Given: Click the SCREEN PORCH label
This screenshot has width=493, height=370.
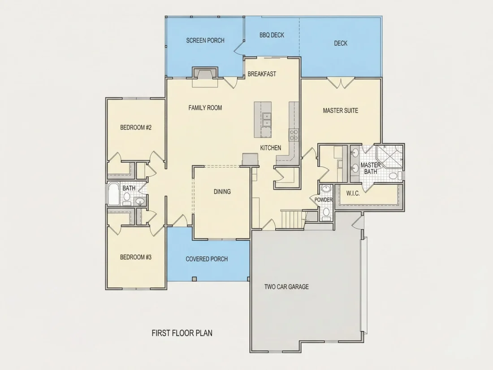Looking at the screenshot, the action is (x=205, y=40).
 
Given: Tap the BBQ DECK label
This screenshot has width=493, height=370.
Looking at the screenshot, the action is (x=272, y=35).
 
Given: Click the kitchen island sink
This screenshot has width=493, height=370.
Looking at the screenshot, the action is (x=267, y=120).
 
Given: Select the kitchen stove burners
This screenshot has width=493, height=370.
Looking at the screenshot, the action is (x=294, y=135).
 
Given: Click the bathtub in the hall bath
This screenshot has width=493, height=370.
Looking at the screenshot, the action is (x=113, y=194).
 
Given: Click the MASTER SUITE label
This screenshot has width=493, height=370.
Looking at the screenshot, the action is (x=341, y=110).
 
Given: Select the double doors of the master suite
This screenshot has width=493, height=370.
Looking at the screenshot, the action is (x=341, y=83).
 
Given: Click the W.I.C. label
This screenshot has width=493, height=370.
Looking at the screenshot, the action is (x=353, y=193).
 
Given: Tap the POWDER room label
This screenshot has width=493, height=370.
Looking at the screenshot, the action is (x=324, y=200).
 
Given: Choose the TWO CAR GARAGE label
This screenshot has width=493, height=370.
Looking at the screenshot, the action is (x=286, y=287).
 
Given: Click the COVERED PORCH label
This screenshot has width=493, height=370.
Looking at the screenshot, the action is (x=207, y=259).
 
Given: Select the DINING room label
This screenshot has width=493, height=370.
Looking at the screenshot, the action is (x=222, y=192).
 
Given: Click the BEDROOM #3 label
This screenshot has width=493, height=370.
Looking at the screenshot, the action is (x=136, y=257).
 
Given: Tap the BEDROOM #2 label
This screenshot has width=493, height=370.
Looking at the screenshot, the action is (x=136, y=127).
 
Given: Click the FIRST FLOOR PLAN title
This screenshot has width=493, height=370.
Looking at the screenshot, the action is (x=182, y=333).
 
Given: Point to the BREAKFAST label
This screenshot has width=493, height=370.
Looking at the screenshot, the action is (x=262, y=74).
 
